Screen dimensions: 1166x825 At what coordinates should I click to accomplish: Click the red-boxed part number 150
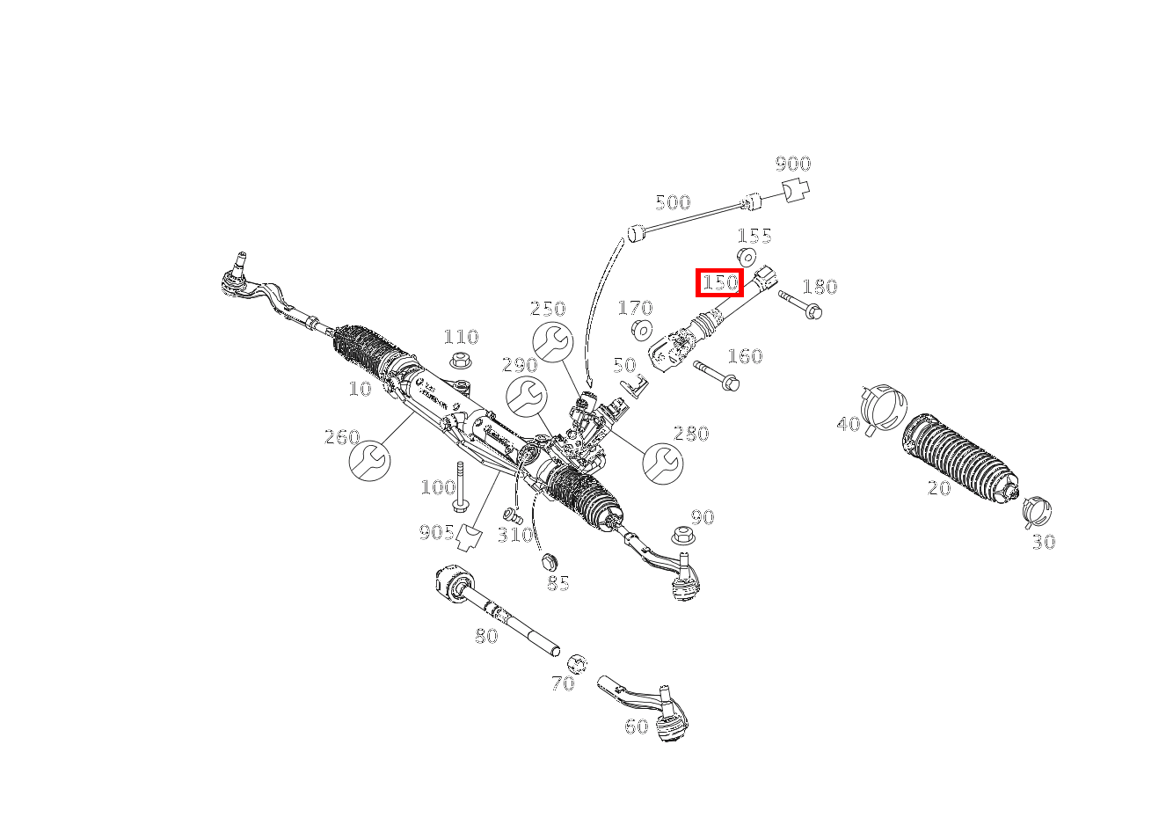(x=719, y=282)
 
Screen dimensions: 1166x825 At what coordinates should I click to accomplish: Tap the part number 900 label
(x=792, y=164)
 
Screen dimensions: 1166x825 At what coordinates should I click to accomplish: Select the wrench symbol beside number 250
(x=552, y=341)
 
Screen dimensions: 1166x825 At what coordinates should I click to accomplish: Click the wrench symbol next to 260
(x=369, y=461)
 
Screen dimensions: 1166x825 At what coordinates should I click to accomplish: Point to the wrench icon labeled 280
(x=662, y=463)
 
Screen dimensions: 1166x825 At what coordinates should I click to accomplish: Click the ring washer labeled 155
(x=746, y=257)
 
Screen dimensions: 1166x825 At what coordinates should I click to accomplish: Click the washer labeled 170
(x=642, y=330)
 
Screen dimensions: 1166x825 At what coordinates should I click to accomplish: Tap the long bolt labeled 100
(x=460, y=486)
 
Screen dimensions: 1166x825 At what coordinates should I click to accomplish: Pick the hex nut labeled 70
(x=577, y=663)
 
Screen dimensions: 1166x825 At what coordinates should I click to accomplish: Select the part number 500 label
(x=673, y=203)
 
